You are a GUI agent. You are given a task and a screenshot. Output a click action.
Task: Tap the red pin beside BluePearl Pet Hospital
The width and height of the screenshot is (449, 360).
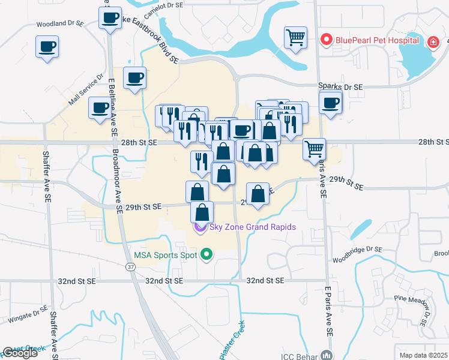coord(327,40)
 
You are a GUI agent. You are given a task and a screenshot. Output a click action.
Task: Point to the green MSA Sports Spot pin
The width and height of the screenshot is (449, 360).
coord(207,254)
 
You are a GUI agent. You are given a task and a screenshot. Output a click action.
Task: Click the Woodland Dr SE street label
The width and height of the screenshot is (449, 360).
coord(59,24)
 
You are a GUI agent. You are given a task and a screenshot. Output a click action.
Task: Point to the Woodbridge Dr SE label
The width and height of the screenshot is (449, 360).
coord(357,249)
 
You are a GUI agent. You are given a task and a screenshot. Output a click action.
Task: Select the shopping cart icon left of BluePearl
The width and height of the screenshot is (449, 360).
coord(295,37)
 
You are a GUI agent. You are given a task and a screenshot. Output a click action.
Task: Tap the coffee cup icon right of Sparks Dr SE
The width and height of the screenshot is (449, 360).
coord(330,103)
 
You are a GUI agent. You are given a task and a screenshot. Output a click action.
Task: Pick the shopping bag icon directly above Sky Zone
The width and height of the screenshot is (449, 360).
coord(202,212)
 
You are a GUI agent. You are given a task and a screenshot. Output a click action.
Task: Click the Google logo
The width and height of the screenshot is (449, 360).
coord(20,353)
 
